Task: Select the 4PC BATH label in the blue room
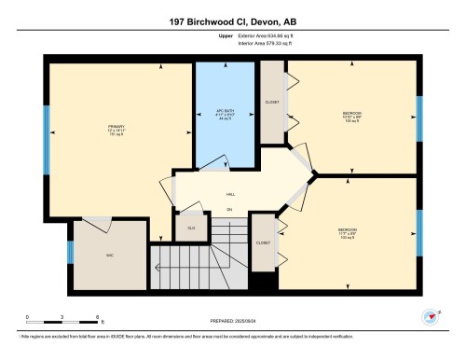tap(225, 111)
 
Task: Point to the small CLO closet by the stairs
tap(190, 227)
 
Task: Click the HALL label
tap(230, 195)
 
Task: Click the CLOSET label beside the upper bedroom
tap(272, 103)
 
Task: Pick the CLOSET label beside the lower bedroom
tap(264, 242)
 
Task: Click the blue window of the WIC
tap(69, 253)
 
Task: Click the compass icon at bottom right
tap(430, 316)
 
